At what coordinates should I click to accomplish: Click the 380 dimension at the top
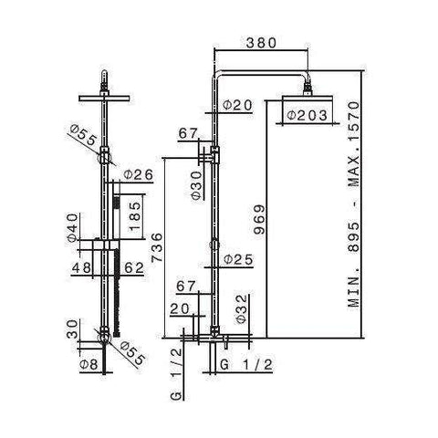(261, 43)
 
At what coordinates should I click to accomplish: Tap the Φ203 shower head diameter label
(308, 115)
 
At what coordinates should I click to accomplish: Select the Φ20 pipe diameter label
(237, 105)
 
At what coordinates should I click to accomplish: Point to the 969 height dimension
(259, 219)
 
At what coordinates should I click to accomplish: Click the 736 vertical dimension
(158, 247)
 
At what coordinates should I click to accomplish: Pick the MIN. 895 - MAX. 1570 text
(353, 204)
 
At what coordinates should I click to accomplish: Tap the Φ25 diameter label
(238, 259)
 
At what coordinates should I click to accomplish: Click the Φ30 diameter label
(197, 185)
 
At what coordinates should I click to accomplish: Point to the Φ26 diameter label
(138, 175)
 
